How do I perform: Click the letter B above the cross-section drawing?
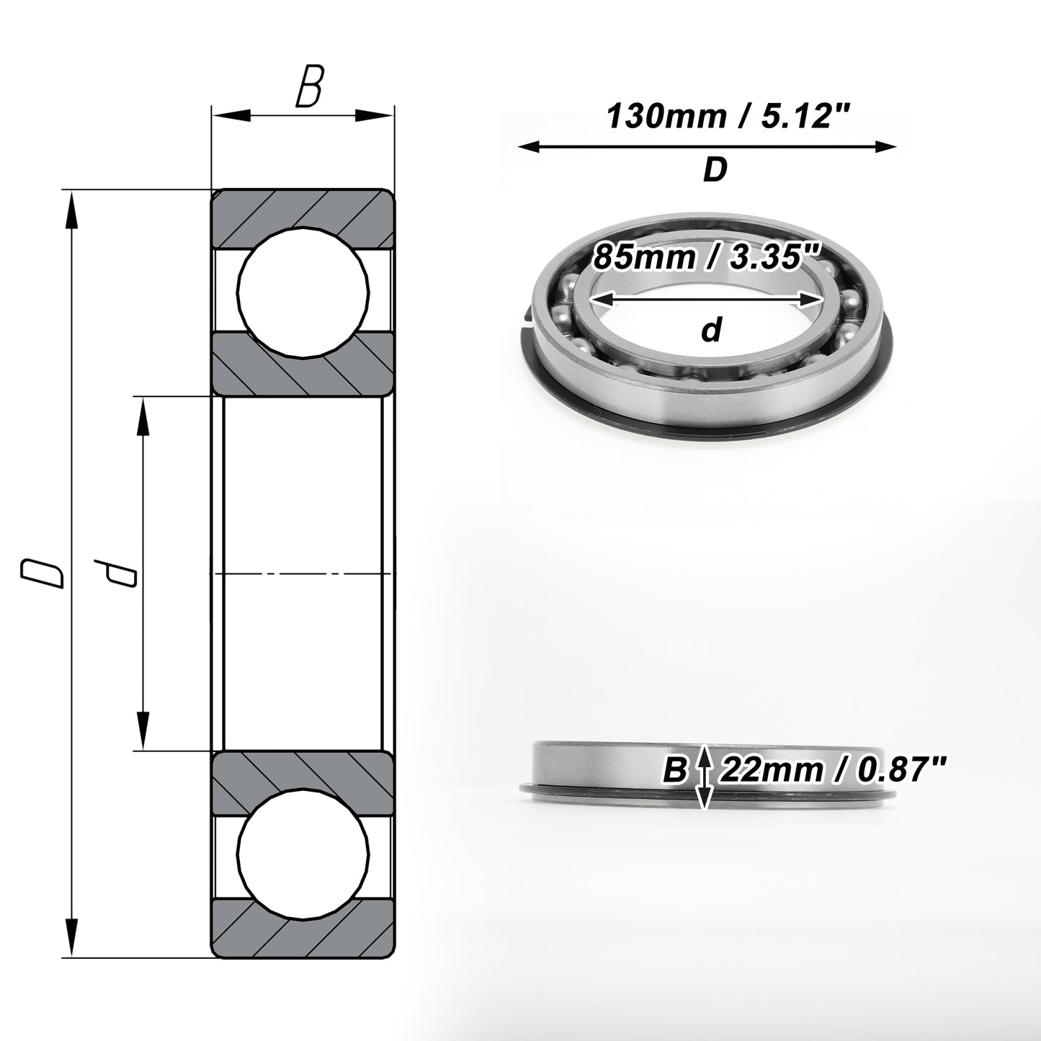[x=310, y=86]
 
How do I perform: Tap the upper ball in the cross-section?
[x=303, y=292]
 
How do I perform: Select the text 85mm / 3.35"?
[x=707, y=256]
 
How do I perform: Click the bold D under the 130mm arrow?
[x=715, y=169]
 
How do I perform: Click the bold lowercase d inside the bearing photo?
[x=712, y=329]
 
